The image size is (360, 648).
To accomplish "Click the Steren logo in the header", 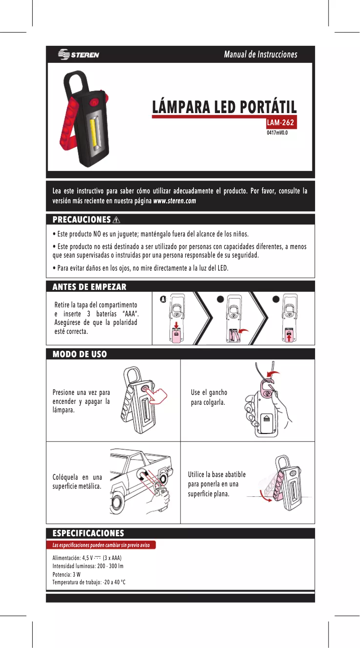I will click(x=79, y=55).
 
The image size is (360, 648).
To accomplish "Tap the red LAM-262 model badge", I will click(x=282, y=123).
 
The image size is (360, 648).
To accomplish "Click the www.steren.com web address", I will click(x=175, y=201).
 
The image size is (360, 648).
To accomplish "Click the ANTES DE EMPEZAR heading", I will click(x=89, y=286).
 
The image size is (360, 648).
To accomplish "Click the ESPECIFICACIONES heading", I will click(x=88, y=533).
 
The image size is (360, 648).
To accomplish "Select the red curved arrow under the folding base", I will click(x=265, y=499).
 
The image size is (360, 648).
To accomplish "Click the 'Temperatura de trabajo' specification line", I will click(x=89, y=582).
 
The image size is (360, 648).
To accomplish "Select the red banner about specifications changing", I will click(x=101, y=545).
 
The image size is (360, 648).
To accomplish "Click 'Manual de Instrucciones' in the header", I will click(x=260, y=55).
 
